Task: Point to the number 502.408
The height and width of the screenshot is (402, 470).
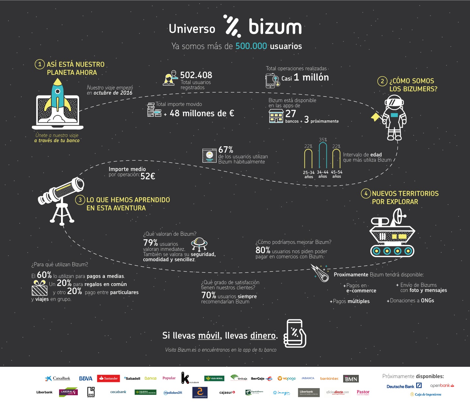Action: click(x=196, y=75)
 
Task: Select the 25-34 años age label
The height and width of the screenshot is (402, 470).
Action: click(x=309, y=174)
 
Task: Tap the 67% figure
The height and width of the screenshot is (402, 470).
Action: click(x=226, y=150)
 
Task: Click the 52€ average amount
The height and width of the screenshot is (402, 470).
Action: click(x=148, y=176)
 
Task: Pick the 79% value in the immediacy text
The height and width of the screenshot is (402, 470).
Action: click(x=150, y=242)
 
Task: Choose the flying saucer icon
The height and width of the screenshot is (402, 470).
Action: click(x=199, y=244)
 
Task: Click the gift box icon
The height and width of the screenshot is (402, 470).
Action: click(x=39, y=288)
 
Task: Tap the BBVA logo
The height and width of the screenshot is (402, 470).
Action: click(x=86, y=378)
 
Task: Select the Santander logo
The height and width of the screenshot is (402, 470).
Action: click(x=108, y=378)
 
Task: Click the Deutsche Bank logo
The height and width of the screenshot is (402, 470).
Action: click(x=404, y=386)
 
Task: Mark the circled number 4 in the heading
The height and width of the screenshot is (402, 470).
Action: click(x=366, y=193)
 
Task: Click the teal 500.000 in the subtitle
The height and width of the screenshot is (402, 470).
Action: click(x=251, y=46)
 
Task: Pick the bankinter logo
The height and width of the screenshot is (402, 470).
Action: click(x=329, y=378)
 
